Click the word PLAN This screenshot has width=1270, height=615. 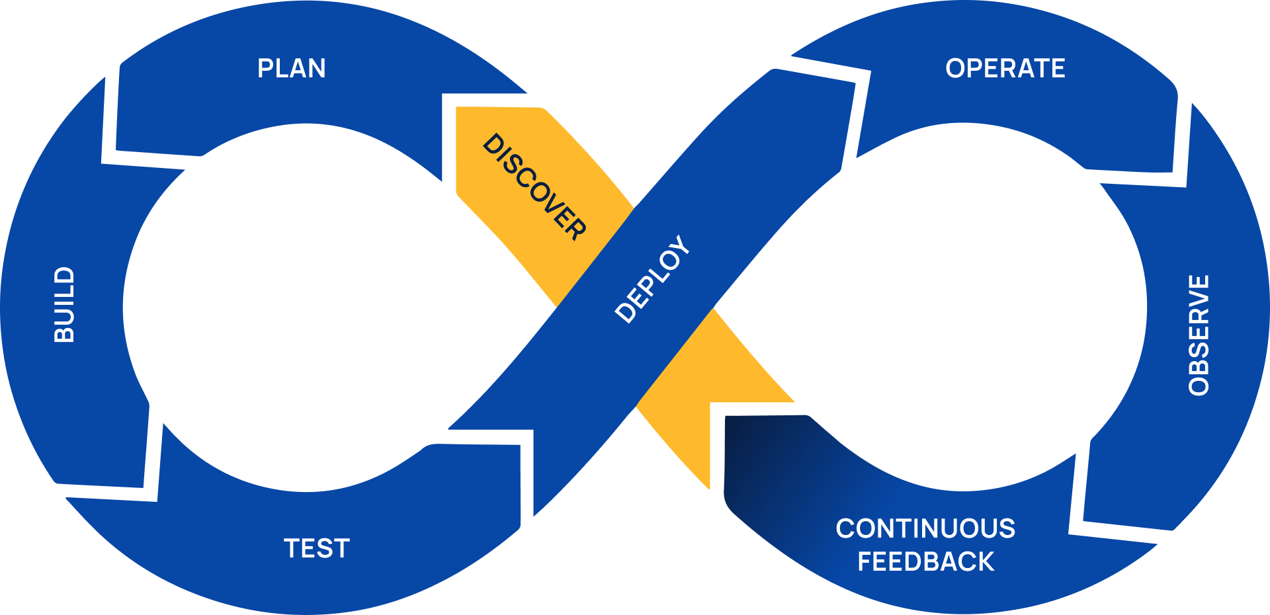(x=291, y=69)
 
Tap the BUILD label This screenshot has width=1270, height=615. (x=64, y=305)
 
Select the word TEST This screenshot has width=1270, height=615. (x=317, y=549)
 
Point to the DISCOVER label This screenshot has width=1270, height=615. (x=534, y=187)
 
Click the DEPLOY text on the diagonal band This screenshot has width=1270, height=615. (x=652, y=279)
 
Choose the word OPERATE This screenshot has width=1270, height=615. (x=1005, y=69)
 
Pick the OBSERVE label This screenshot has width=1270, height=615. (x=1199, y=335)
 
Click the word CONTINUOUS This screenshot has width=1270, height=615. (x=925, y=529)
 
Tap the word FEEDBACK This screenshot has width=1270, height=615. (x=925, y=562)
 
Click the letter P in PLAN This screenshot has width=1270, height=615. (x=265, y=69)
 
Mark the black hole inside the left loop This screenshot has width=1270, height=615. (x=304, y=307)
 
